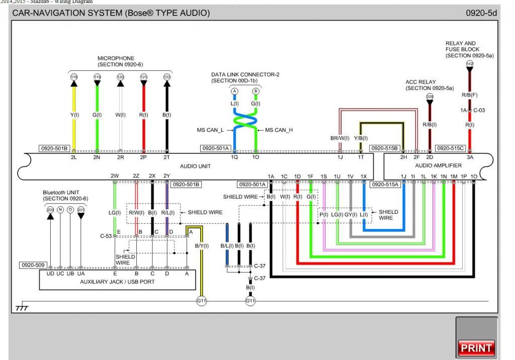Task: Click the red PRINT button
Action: click(x=476, y=347)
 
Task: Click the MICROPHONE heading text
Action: click(x=116, y=58)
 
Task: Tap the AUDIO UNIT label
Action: click(x=195, y=166)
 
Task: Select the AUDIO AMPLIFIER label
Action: click(x=438, y=166)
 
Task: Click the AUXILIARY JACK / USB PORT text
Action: click(x=118, y=282)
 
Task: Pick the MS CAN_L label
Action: click(x=211, y=130)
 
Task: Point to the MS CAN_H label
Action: click(x=279, y=130)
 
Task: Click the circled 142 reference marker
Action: click(x=470, y=63)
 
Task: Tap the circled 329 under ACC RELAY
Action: click(x=430, y=96)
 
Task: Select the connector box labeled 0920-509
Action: click(x=33, y=264)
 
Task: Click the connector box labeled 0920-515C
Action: click(x=450, y=148)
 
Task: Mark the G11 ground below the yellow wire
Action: click(x=202, y=301)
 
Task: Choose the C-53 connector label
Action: click(x=106, y=235)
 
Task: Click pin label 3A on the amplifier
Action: click(x=470, y=157)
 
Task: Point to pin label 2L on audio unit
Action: click(x=74, y=157)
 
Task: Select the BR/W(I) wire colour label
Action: click(x=340, y=138)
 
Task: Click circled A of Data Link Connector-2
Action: click(x=234, y=91)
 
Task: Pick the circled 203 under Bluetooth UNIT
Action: click(x=50, y=210)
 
